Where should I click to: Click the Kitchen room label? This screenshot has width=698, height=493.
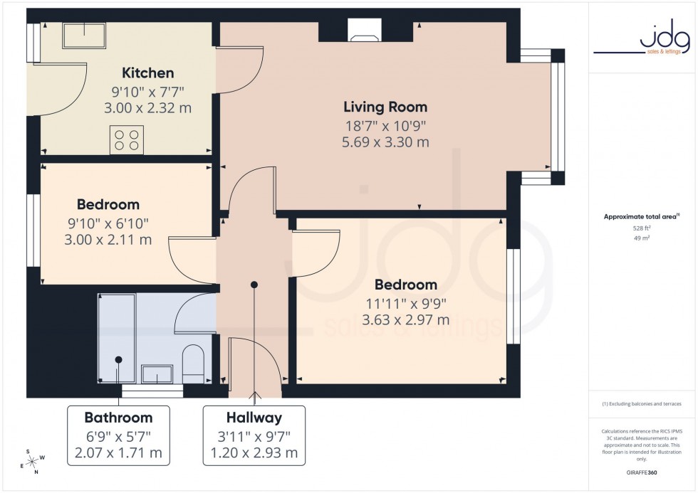pos(147,73)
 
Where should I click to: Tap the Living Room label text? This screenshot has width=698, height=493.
pos(385,107)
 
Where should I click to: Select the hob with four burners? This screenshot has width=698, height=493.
pos(127,139)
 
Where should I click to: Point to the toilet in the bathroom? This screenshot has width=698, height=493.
pos(194,363)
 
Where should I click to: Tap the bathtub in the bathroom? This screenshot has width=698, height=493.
pos(116,339)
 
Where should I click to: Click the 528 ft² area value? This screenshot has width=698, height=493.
pos(642,228)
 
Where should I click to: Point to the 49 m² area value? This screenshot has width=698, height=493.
pos(642,238)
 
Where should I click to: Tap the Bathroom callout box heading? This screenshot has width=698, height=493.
pos(118,418)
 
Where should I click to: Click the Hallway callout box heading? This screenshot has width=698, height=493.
pos(254,418)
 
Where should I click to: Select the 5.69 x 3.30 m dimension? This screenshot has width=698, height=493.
pos(385,142)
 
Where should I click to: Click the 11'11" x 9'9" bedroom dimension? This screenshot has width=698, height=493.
pos(405,303)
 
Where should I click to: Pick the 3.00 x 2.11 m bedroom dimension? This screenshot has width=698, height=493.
pos(108,240)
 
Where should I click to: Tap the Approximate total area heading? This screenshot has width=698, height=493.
pos(642,216)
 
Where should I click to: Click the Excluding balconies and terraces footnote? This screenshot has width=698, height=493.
pos(642,403)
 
